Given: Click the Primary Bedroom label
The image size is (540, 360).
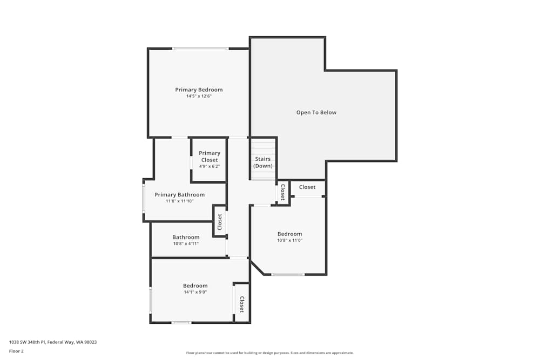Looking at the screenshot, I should tap(199, 90).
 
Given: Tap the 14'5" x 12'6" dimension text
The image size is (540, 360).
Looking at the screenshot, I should tap(199, 96).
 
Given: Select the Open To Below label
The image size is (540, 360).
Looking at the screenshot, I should tap(316, 112).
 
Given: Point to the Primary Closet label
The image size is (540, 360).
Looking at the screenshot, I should tap(210, 157).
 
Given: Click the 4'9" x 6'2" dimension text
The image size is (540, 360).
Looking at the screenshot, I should tap(210, 166).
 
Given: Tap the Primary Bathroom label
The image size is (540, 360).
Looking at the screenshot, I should tap(179, 194).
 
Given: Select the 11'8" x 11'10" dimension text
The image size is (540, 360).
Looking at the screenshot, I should tap(179, 201).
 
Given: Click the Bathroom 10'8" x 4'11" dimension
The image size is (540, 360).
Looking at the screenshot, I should tap(186, 243).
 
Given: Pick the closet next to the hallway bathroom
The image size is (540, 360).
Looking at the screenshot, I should tap(220, 221).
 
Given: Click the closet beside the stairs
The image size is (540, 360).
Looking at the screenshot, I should tap(282, 192).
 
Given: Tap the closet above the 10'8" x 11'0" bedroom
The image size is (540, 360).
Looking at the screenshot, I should tap(307, 187).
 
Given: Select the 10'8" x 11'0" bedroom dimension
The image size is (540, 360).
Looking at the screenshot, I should tap(289, 240).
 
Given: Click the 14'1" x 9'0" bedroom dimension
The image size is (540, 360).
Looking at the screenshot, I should tap(195, 292).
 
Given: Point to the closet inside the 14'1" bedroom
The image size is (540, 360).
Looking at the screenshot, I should tap(241, 304).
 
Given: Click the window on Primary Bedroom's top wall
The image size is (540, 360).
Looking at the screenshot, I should tap(200, 49).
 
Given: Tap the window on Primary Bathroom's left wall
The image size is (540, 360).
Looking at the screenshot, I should tap(144, 199).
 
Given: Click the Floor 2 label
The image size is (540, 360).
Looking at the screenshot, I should tap(16, 351).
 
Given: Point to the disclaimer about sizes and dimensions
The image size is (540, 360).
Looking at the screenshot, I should tap(270, 353).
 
